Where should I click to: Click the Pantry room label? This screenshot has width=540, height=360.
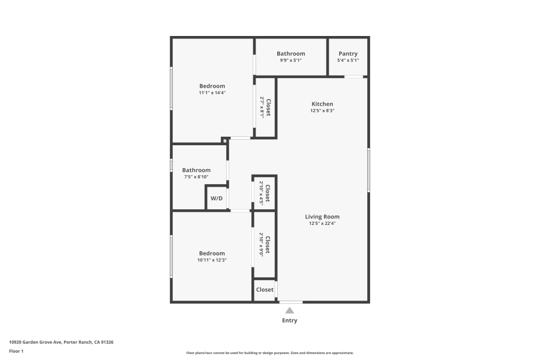pyautogui.click(x=348, y=54)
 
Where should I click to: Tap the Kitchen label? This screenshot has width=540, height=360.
pyautogui.click(x=322, y=104)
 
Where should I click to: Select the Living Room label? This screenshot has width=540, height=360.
pyautogui.click(x=322, y=217)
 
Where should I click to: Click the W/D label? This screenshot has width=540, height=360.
pyautogui.click(x=217, y=199)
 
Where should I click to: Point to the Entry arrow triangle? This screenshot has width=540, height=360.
pyautogui.click(x=290, y=310)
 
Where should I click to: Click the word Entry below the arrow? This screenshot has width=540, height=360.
pyautogui.click(x=290, y=320)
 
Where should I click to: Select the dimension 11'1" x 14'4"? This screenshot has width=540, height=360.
pyautogui.click(x=212, y=92)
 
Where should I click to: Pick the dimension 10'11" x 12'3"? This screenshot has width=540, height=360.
pyautogui.click(x=212, y=260)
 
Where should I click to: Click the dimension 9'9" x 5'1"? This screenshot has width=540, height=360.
pyautogui.click(x=291, y=60)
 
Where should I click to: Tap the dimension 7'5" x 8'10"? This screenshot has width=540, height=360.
pyautogui.click(x=196, y=177)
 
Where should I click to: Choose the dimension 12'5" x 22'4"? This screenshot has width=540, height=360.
pyautogui.click(x=322, y=223)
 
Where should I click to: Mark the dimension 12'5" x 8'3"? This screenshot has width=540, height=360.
pyautogui.click(x=322, y=110)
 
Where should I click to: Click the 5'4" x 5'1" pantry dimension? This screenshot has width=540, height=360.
pyautogui.click(x=348, y=60)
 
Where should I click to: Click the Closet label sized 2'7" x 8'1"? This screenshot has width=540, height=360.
pyautogui.click(x=268, y=107)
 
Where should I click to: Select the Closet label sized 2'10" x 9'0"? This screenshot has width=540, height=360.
pyautogui.click(x=268, y=245)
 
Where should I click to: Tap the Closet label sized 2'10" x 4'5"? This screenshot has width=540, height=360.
pyautogui.click(x=268, y=194)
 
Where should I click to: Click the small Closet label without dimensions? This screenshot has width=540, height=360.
pyautogui.click(x=265, y=290)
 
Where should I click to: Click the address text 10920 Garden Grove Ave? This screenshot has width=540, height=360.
pyautogui.click(x=35, y=342)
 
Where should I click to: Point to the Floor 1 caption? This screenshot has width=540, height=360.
pyautogui.click(x=16, y=352)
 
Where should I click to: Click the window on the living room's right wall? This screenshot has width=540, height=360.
pyautogui.click(x=368, y=170)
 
